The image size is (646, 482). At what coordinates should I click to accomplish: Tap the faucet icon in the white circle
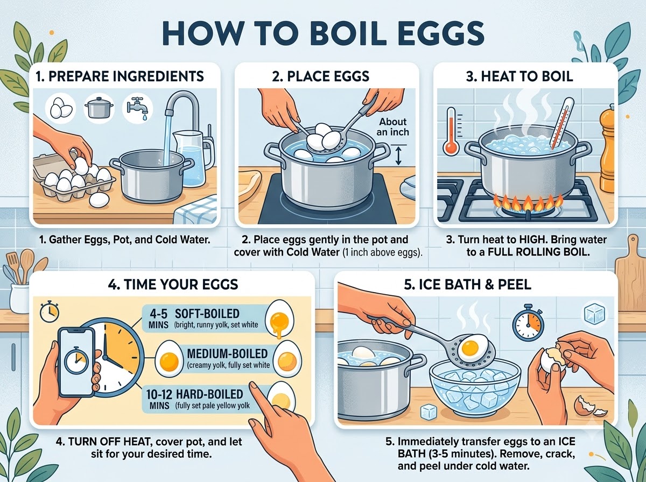[x=137, y=109]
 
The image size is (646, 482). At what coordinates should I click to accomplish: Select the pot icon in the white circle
[x=99, y=108]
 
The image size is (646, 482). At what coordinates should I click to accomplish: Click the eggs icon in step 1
[x=61, y=108]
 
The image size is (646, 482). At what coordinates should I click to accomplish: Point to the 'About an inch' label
[x=392, y=127]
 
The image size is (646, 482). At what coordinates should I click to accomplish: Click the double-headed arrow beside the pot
[x=398, y=155]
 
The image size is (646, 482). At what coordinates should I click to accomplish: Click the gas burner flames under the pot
[x=528, y=203]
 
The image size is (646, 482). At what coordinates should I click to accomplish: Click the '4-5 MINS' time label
[x=159, y=319]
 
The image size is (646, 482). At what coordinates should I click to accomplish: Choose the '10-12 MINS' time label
[x=159, y=399]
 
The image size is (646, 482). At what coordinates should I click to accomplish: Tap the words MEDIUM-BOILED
[x=227, y=353]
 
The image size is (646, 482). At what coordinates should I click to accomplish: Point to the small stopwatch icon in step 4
[x=50, y=311]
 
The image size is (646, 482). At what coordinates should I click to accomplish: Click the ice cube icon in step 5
[x=594, y=314]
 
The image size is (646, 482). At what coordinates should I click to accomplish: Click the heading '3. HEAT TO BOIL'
[x=519, y=76]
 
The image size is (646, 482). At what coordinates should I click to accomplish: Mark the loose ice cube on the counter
[x=428, y=412]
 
